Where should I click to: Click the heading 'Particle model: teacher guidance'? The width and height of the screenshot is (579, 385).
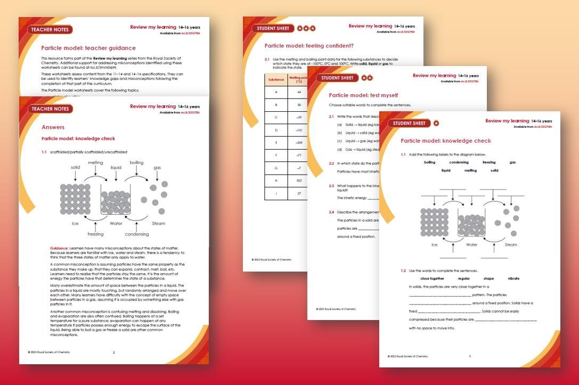[88, 48]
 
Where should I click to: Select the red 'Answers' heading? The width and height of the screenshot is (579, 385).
[53, 127]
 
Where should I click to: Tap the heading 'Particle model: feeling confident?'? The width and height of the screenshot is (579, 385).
[309, 46]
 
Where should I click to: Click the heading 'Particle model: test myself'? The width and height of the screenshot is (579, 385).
[363, 95]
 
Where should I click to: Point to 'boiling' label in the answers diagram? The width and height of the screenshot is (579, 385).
[136, 162]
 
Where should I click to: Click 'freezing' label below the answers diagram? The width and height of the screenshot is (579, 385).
[95, 234]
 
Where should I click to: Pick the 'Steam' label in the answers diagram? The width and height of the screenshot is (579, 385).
[158, 224]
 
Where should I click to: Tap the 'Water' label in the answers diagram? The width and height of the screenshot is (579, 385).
[116, 224]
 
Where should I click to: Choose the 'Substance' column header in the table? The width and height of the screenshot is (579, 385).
[276, 79]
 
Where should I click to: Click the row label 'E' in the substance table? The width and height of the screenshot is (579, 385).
[276, 143]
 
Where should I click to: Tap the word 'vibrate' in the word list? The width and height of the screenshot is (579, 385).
[513, 278]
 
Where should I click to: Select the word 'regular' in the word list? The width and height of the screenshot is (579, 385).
[463, 278]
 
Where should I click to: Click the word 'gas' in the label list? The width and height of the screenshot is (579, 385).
[512, 162]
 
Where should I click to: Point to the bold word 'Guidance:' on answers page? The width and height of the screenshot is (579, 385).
[59, 248]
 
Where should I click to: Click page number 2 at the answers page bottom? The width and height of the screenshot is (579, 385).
[113, 353]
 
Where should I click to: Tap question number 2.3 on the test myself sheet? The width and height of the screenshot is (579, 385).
[331, 186]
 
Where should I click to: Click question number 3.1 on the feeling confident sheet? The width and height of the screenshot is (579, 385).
[267, 59]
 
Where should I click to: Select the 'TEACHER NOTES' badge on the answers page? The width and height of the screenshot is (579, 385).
[51, 109]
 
